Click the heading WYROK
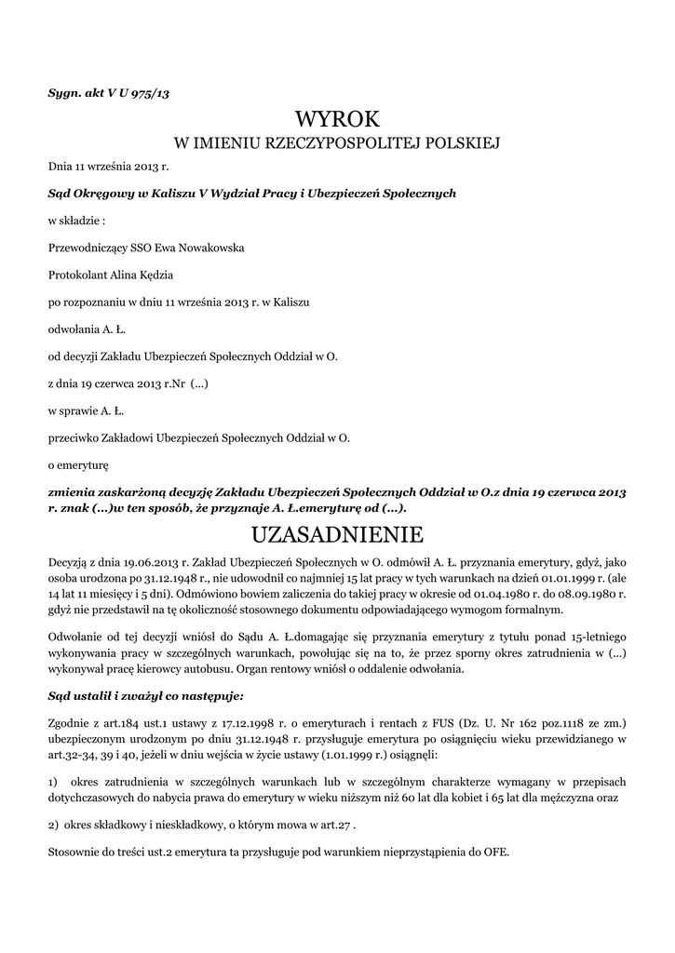tap(337, 118)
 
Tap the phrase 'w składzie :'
tap(76, 221)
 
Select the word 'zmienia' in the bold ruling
tap(76, 491)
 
